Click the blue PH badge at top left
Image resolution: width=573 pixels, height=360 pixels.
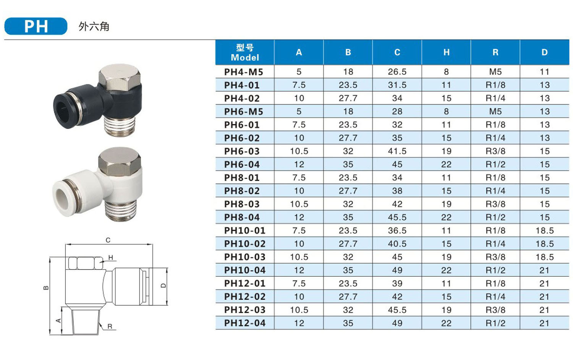36,26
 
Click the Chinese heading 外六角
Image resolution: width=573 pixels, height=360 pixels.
94,27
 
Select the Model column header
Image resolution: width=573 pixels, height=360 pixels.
245,52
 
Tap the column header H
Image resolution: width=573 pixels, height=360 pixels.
447,52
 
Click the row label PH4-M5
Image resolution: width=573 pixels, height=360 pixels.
244,72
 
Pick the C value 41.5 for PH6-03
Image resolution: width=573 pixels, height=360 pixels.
397,151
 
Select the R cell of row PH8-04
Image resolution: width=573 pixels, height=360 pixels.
495,217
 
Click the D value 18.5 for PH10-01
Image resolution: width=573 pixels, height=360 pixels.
545,230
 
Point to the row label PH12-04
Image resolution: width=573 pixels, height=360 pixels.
245,323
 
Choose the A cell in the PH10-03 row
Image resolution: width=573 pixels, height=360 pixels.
299,257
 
